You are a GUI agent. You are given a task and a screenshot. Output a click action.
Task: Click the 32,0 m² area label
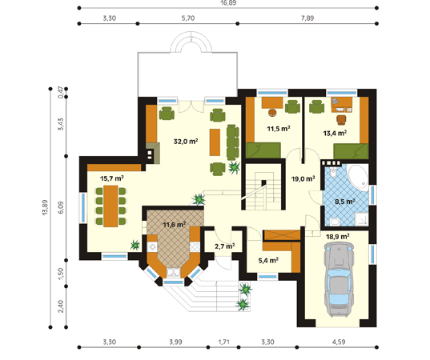pyautogui.click(x=186, y=142)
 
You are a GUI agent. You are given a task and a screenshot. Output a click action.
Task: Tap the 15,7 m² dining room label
pyautogui.click(x=111, y=178)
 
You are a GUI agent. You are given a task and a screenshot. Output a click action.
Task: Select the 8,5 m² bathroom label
pyautogui.click(x=344, y=202)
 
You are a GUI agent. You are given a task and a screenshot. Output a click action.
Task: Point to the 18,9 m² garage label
pyautogui.click(x=337, y=237)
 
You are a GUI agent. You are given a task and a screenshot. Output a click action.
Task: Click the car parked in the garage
pyautogui.click(x=337, y=279)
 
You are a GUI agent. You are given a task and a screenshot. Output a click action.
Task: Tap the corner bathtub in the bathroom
pyautogui.click(x=358, y=178)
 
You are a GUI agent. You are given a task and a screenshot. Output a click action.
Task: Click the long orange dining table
pyautogui.click(x=111, y=206)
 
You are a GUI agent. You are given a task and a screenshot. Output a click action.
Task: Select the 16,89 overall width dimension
pyautogui.click(x=228, y=3)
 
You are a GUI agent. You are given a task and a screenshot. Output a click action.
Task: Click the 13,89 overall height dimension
pyautogui.click(x=45, y=207)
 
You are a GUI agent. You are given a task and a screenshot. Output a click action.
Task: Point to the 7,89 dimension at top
pyautogui.click(x=307, y=18)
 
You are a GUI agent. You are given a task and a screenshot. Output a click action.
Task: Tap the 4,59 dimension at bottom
pyautogui.click(x=339, y=342)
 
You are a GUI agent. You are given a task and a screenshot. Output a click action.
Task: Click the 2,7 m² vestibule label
pyautogui.click(x=224, y=246)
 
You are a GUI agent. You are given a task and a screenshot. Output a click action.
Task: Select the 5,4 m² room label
pyautogui.click(x=268, y=260)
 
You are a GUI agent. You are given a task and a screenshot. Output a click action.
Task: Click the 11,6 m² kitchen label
pyautogui.click(x=175, y=225)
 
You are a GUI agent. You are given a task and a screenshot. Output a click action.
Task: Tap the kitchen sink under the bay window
pyautogui.click(x=173, y=272)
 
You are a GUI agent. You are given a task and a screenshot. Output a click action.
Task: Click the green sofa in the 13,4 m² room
pyautogui.click(x=351, y=151)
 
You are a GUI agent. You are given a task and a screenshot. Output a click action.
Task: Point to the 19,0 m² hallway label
pyautogui.click(x=303, y=179)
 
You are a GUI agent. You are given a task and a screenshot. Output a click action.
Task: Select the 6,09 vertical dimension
pyautogui.click(x=61, y=207)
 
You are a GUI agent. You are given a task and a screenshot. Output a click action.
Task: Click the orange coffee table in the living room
pyautogui.click(x=215, y=142)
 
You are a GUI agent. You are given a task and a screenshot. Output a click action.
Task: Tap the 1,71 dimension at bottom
pyautogui.click(x=223, y=342)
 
